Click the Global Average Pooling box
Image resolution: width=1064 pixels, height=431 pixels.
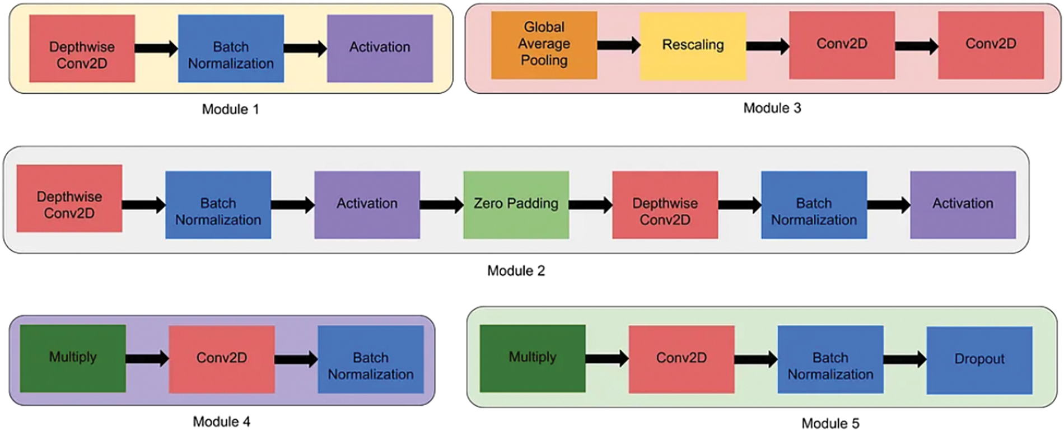coord(544,45)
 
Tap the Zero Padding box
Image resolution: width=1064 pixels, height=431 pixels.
coord(516,205)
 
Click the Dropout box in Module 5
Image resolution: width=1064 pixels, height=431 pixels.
coord(979,360)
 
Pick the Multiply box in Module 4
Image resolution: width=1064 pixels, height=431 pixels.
coord(73,358)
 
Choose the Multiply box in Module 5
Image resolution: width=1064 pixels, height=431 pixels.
coord(532,358)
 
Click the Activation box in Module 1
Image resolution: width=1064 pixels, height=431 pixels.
coord(380,48)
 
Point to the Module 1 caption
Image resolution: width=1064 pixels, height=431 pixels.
coord(230,109)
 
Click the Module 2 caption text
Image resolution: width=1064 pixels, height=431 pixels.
coord(516,271)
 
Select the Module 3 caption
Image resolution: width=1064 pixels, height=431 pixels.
coord(772,108)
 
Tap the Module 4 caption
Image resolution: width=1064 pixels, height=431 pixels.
coord(221,421)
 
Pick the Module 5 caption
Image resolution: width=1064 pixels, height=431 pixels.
coord(830,423)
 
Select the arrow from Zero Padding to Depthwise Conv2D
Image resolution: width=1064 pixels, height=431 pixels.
coord(590,205)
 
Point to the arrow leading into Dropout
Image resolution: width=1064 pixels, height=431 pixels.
coord(904,359)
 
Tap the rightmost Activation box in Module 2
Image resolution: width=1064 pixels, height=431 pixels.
coord(962,205)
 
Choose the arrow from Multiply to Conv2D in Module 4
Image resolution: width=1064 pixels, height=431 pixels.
coord(147,358)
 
